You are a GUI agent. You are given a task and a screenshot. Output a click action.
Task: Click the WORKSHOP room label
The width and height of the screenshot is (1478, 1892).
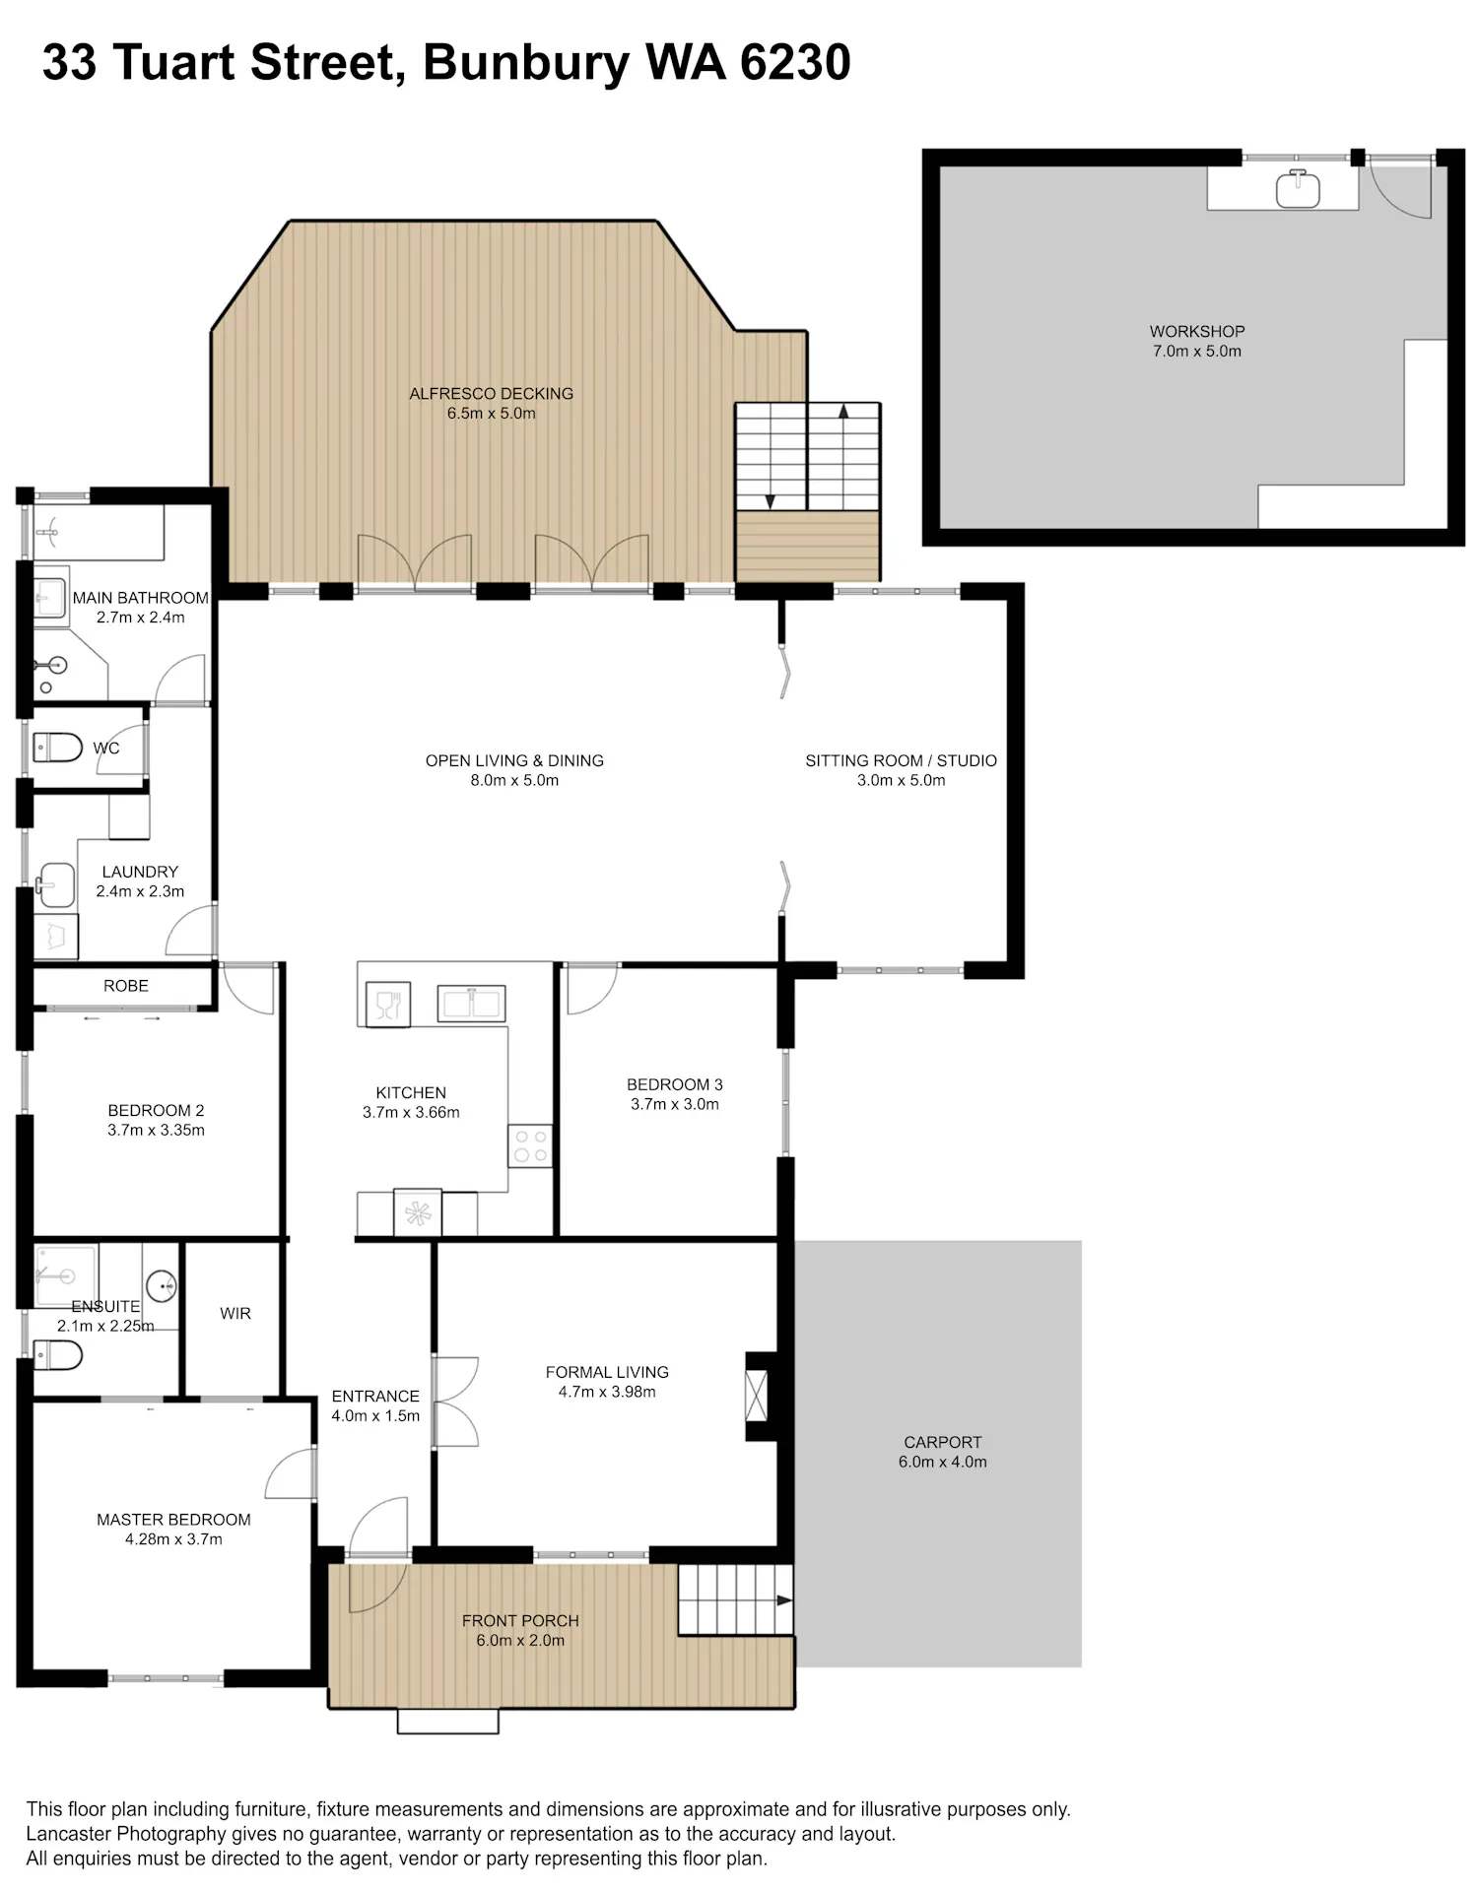tap(1196, 331)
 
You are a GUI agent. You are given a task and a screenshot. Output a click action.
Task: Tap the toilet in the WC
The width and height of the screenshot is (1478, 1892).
tap(57, 748)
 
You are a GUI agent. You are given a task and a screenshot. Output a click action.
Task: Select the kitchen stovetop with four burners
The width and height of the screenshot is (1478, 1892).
tap(530, 1145)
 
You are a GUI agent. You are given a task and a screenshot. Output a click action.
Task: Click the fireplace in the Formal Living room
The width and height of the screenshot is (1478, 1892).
tap(756, 1396)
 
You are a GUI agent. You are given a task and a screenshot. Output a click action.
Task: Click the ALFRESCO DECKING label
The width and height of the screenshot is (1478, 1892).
tap(491, 393)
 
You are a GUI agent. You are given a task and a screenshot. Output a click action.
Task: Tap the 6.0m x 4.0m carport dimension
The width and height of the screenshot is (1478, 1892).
tap(942, 1462)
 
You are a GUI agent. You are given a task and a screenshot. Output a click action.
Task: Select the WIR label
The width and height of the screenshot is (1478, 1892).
tap(235, 1313)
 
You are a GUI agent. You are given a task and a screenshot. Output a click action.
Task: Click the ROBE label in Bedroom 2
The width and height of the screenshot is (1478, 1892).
tap(126, 986)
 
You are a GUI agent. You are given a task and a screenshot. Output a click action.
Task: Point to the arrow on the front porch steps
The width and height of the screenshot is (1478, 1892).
tap(784, 1600)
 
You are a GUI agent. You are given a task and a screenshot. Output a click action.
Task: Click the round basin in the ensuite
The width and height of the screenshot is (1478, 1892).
tap(162, 1286)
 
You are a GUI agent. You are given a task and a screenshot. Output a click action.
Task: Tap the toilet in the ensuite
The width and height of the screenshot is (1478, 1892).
tap(57, 1355)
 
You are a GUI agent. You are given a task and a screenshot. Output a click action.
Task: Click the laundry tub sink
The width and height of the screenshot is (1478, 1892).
tap(56, 885)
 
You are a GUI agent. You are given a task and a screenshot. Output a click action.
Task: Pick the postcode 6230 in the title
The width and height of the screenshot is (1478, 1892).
tap(795, 62)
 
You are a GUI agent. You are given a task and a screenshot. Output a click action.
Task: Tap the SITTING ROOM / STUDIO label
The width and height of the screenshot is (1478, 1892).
tap(901, 760)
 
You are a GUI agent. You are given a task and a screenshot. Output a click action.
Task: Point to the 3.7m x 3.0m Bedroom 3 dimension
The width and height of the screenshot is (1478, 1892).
tap(675, 1104)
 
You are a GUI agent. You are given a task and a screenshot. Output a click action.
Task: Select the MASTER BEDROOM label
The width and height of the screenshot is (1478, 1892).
tap(173, 1520)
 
